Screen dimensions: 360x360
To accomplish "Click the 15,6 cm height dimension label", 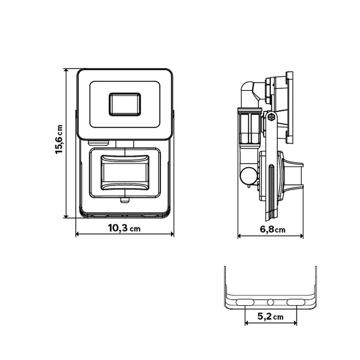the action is coord(59,139).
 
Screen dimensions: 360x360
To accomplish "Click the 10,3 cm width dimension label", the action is coord(124,228).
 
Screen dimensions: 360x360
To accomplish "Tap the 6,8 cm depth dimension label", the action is coord(273,229).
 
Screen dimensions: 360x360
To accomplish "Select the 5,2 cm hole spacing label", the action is coord(270,316).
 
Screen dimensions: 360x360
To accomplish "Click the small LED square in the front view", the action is coord(125,104).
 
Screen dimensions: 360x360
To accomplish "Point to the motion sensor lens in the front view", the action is coord(125,173).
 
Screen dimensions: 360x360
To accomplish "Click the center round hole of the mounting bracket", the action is coord(271,302).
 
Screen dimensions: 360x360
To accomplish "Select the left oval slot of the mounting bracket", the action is coord(245,302).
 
